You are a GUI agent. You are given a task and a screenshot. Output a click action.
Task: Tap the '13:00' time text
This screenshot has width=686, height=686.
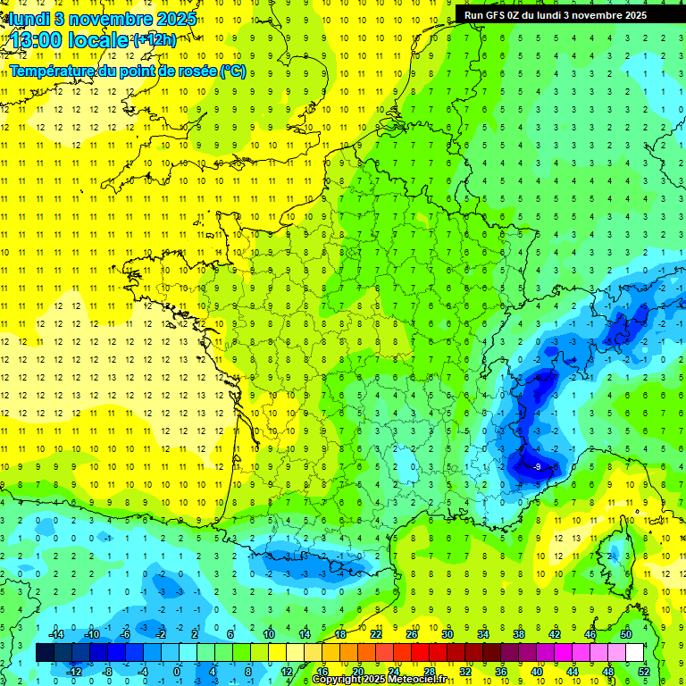click(35, 40)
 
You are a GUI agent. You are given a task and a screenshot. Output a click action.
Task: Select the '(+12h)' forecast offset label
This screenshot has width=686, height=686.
click(155, 39)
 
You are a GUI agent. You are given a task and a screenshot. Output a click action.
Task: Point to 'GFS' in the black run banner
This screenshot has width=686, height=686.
click(500, 15)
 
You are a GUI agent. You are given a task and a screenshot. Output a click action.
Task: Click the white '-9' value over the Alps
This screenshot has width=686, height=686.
click(537, 466)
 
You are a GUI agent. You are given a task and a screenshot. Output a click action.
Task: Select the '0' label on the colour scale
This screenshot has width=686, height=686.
click(177, 671)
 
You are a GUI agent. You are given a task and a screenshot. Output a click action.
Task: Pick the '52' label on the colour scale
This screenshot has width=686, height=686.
click(643, 671)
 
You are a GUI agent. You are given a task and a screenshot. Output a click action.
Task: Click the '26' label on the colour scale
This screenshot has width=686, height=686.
click(412, 634)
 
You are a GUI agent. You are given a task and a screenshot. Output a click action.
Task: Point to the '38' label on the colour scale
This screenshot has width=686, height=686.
click(518, 634)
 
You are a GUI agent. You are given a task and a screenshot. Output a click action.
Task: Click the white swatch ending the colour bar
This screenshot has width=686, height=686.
click(634, 653)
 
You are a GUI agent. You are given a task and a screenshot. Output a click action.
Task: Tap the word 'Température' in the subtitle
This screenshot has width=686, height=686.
click(52, 71)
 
